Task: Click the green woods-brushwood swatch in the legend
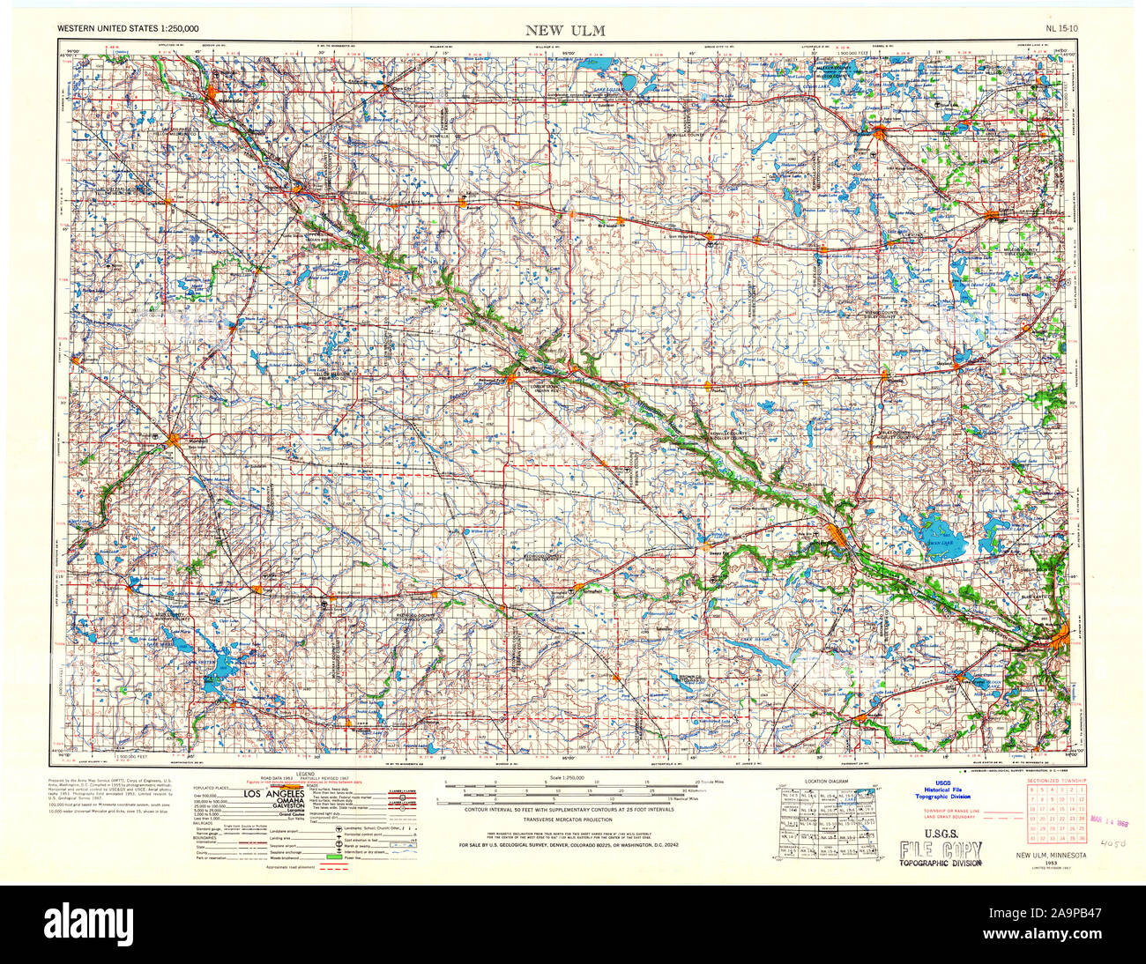334,856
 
